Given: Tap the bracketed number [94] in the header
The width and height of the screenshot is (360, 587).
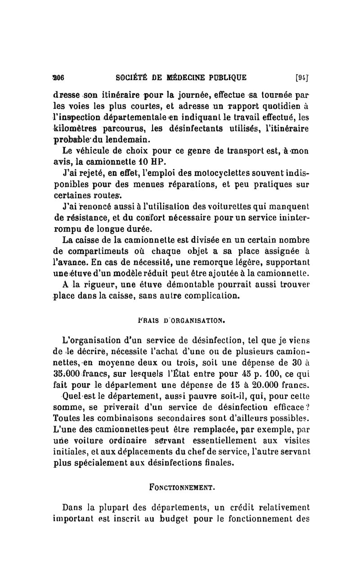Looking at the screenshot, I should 301,77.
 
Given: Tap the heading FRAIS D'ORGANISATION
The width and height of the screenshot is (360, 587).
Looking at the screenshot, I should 181,321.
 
